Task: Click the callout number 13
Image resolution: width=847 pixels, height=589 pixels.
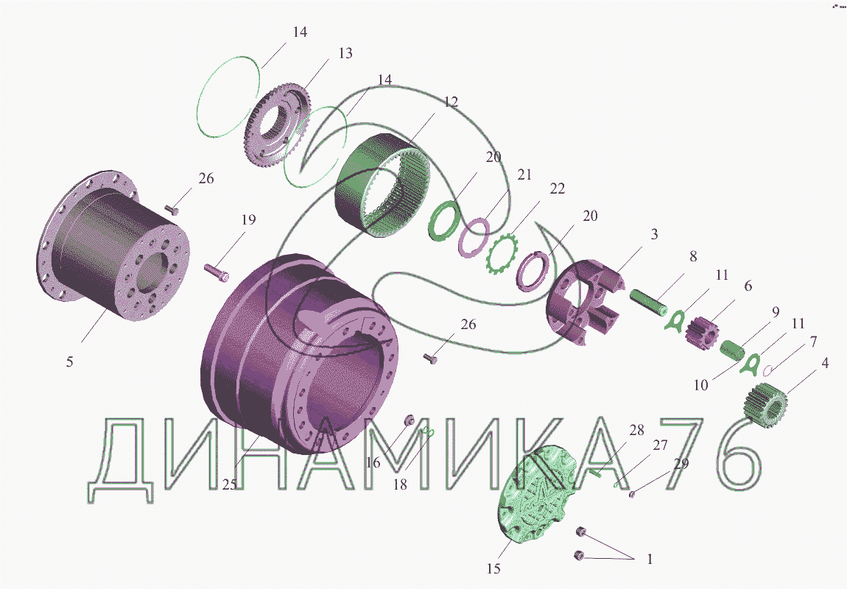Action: [345, 53]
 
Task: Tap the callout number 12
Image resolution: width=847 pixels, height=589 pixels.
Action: [451, 102]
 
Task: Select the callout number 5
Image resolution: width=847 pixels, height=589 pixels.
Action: [70, 361]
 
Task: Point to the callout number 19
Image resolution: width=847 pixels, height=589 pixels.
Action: [248, 219]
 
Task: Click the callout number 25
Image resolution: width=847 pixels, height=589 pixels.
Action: [230, 484]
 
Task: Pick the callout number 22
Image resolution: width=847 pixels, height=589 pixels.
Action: [557, 188]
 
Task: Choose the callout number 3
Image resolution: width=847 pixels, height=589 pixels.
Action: [654, 234]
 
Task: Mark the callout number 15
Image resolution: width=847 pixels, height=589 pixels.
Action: [493, 568]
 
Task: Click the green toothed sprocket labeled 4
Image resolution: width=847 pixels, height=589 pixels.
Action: [766, 406]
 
